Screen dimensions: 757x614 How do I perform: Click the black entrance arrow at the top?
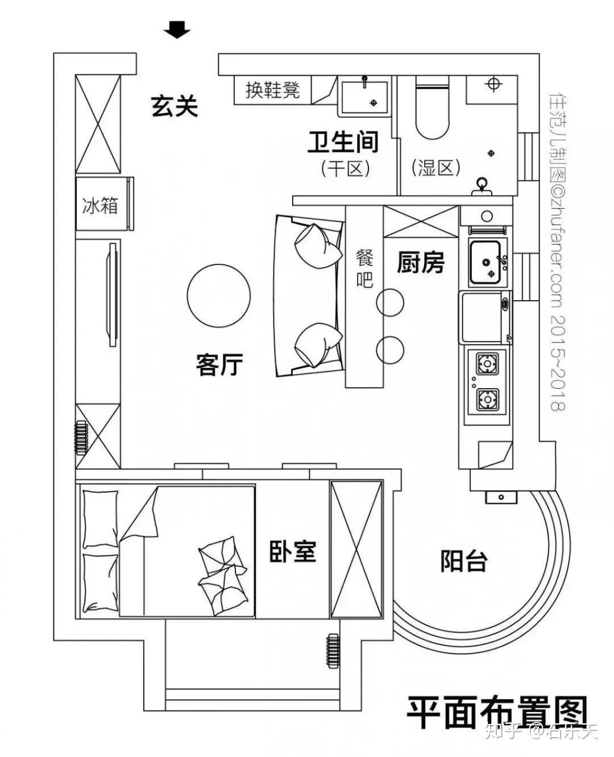coord(177,30)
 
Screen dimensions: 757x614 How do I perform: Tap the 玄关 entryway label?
coord(175,106)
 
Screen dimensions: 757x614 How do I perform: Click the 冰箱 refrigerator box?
coord(101,205)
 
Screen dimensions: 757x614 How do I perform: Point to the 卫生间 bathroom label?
coord(343,142)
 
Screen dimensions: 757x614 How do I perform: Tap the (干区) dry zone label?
coord(345,168)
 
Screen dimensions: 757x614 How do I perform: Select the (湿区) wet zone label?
coord(435,168)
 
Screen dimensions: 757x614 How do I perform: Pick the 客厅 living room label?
coord(219,364)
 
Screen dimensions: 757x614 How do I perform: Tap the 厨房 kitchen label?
coord(420,263)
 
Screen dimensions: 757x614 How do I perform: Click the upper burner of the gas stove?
coord(487,362)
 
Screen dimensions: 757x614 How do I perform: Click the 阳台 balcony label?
coord(464,561)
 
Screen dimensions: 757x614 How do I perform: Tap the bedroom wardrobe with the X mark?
coord(356,548)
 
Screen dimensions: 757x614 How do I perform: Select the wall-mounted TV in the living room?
coord(113,293)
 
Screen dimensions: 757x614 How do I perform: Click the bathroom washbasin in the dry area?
coord(364,94)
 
